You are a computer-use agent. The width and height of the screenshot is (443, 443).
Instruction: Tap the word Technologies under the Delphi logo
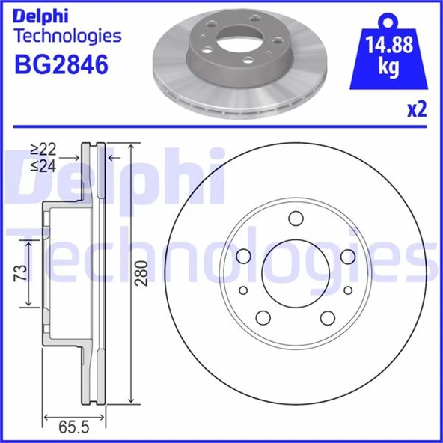[x=68, y=35]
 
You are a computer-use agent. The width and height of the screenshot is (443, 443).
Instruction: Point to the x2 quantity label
[x=417, y=110]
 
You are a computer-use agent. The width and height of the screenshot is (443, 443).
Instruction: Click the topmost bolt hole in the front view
[x=295, y=219]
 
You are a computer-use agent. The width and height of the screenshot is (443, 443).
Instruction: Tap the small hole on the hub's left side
[x=243, y=291]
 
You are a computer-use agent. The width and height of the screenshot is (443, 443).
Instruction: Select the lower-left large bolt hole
[x=263, y=317]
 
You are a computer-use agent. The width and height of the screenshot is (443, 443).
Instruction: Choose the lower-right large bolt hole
[x=327, y=317]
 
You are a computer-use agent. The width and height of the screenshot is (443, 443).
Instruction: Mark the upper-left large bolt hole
[x=242, y=257]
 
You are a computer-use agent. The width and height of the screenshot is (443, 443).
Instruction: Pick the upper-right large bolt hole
[x=347, y=257]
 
